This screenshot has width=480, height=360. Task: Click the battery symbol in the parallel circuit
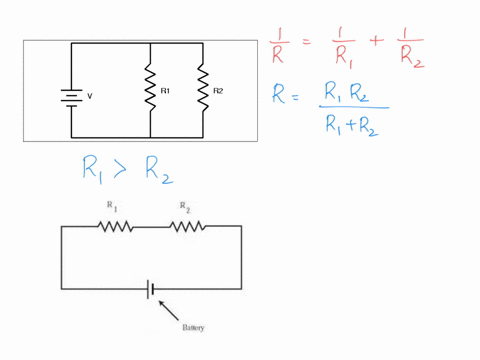tap(71, 97)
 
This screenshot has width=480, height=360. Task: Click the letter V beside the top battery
tap(90, 97)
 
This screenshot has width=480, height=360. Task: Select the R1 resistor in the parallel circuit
tap(149, 89)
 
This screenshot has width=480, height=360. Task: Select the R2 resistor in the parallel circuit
tap(203, 89)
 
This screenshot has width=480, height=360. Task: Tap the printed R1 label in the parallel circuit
tap(166, 91)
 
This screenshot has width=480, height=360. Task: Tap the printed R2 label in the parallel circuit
tap(219, 91)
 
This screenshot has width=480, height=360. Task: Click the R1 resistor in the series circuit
tap(115, 226)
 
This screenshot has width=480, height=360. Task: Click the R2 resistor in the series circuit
tap(187, 226)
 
